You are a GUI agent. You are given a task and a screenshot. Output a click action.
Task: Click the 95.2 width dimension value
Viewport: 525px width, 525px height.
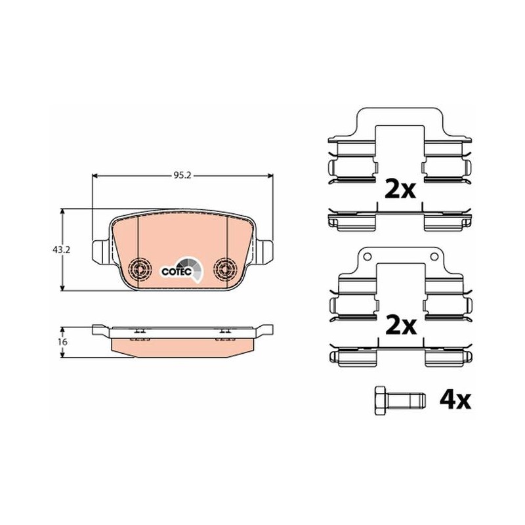[x=182, y=176]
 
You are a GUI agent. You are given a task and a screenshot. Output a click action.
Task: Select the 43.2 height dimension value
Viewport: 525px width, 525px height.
[x=61, y=250]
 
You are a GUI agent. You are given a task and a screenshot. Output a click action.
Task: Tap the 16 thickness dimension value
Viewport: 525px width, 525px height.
[x=62, y=342]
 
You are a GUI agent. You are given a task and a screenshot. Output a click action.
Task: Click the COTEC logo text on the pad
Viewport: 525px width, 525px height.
[x=177, y=272]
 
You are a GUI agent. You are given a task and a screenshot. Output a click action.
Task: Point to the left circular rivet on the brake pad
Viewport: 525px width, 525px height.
[x=140, y=268]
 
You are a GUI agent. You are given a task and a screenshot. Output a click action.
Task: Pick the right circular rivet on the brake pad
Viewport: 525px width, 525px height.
[x=225, y=268]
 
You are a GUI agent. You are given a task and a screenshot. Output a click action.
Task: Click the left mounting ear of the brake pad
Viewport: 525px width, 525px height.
[x=100, y=251]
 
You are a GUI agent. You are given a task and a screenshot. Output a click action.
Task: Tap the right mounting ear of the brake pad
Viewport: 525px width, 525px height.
[x=264, y=251]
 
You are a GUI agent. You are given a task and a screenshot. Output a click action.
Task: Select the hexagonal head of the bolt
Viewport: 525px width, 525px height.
[x=380, y=401]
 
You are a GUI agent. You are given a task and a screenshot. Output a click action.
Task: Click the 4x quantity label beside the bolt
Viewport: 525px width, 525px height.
[x=455, y=400]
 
